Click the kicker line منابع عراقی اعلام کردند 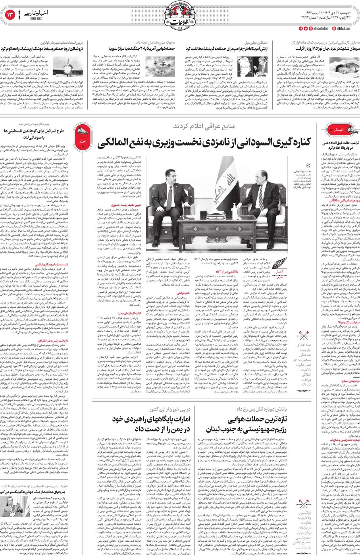click(x=204, y=126)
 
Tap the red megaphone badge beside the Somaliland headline click(x=83, y=136)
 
